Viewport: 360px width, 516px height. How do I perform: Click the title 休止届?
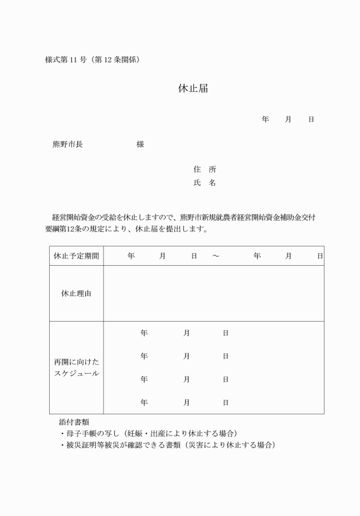point(188,89)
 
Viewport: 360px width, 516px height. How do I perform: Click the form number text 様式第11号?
point(64,59)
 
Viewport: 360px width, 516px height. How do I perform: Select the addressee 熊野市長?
point(67,145)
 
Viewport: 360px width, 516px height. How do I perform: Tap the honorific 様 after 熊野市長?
point(140,145)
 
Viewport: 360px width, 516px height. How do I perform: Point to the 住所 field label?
point(205,170)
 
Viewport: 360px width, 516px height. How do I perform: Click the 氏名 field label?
point(205,183)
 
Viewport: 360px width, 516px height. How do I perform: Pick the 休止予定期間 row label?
point(76,256)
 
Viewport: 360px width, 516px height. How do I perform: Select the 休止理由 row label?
point(76,293)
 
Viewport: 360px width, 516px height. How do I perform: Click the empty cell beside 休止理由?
point(213,293)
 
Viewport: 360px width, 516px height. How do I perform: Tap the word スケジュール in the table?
point(76,373)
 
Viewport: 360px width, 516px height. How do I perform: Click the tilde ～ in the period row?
point(215,256)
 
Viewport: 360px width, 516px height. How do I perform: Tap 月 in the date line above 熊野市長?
point(288,119)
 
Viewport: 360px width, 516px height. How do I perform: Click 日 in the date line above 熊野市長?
point(311,119)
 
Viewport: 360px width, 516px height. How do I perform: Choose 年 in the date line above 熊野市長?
point(265,119)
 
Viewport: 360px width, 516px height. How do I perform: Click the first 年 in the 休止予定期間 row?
point(131,256)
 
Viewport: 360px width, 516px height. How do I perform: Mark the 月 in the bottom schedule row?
point(186,402)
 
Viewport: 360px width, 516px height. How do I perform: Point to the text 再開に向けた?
point(76,362)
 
